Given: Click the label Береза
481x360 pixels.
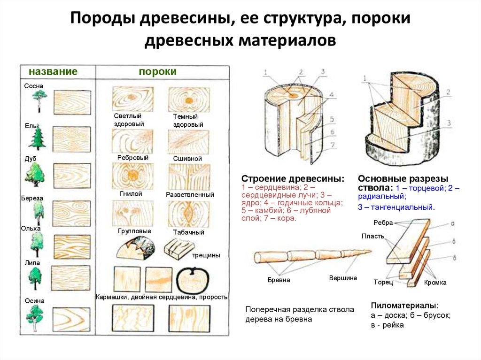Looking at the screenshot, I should (32, 198).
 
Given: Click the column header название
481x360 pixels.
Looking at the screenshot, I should (53, 71).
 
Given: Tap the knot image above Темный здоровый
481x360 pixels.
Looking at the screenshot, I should (188, 100).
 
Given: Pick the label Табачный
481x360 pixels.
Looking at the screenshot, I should (188, 232).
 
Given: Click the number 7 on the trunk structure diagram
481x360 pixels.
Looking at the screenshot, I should (332, 145).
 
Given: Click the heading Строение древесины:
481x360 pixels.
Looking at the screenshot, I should (292, 179).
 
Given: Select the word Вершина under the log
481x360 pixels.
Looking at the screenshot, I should (343, 278).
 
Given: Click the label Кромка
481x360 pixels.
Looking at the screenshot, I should (435, 283).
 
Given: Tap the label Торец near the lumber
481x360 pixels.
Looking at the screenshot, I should (383, 283).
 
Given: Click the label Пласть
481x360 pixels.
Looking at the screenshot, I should (373, 236).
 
